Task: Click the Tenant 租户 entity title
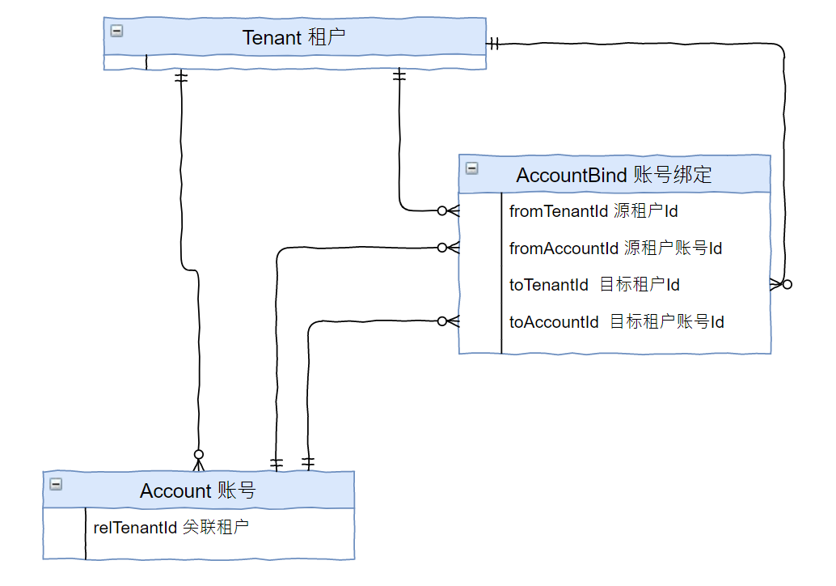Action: (x=294, y=37)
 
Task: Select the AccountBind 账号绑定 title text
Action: (x=614, y=175)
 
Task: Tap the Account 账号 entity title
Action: (x=197, y=490)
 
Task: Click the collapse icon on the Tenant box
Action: (x=117, y=31)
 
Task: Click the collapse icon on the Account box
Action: (x=56, y=484)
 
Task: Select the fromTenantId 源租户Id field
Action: (x=593, y=211)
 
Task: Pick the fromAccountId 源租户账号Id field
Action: (x=615, y=248)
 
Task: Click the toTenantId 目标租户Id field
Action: (x=594, y=285)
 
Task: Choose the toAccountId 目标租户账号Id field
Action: (x=616, y=322)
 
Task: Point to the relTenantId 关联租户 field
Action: (x=171, y=528)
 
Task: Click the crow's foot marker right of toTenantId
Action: (x=781, y=284)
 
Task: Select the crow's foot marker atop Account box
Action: (x=198, y=460)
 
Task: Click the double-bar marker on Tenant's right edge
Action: (x=494, y=43)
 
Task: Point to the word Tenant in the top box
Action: (x=272, y=37)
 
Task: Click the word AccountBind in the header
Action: (x=571, y=175)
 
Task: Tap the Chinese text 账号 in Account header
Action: (x=236, y=490)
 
